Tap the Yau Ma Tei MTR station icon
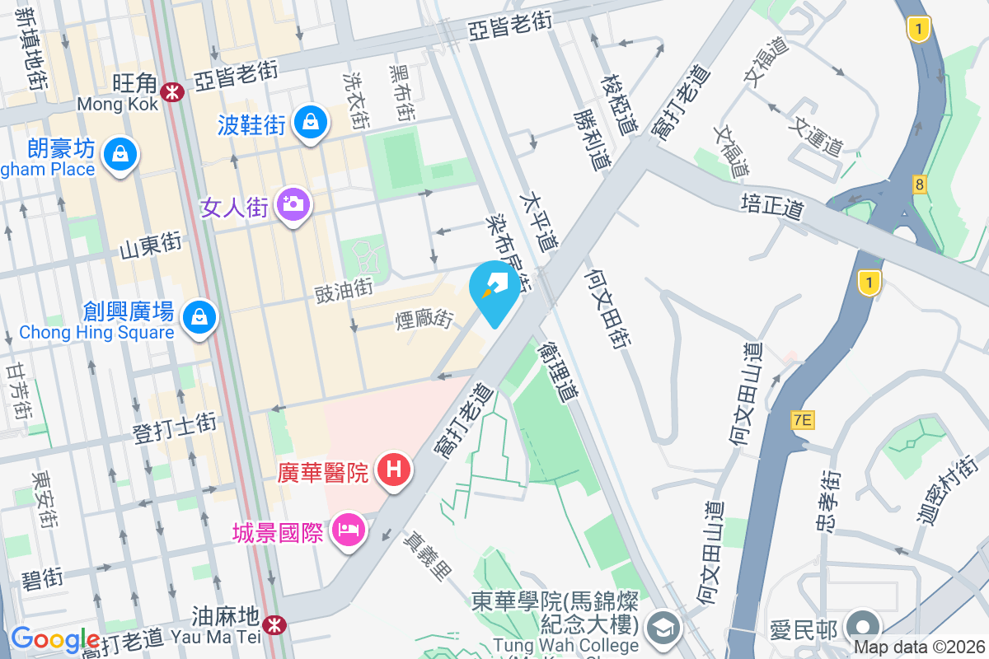(274, 625)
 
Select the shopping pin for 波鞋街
(310, 123)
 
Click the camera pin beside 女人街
(293, 203)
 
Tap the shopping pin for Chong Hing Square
(199, 315)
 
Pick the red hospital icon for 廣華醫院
(394, 470)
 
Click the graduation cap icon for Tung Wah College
(663, 629)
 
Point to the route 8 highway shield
(919, 184)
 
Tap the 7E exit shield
(802, 420)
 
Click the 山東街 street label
(150, 245)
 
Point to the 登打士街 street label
(176, 425)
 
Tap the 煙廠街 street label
(425, 318)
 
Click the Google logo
(54, 639)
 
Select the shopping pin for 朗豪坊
(120, 152)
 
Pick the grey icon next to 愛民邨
(863, 624)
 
